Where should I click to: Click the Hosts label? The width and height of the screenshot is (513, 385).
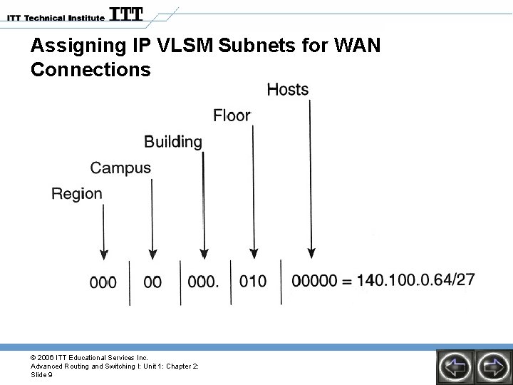pyautogui.click(x=288, y=90)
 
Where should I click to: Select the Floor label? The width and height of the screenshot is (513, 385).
pyautogui.click(x=232, y=115)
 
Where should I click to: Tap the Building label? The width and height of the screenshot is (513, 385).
pyautogui.click(x=173, y=142)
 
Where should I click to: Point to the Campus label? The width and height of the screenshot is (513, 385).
pyautogui.click(x=120, y=168)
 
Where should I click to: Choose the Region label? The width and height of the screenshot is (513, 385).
pyautogui.click(x=77, y=194)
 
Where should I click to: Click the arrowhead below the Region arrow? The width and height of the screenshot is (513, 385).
pyautogui.click(x=104, y=252)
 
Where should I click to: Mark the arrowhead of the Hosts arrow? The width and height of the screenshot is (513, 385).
pyautogui.click(x=311, y=252)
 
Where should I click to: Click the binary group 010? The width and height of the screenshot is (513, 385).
pyautogui.click(x=253, y=282)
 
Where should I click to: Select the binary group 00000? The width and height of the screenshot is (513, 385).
pyautogui.click(x=314, y=282)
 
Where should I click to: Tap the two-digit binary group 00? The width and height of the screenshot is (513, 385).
pyautogui.click(x=152, y=282)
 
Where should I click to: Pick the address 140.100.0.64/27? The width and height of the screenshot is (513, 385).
pyautogui.click(x=416, y=279)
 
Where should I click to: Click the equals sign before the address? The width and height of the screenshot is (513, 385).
pyautogui.click(x=347, y=282)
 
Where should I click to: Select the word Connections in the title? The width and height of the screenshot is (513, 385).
pyautogui.click(x=91, y=70)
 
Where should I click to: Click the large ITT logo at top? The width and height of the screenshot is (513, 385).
pyautogui.click(x=125, y=14)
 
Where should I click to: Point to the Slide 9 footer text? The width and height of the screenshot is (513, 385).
pyautogui.click(x=41, y=374)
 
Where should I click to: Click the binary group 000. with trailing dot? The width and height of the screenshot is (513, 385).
pyautogui.click(x=203, y=282)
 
